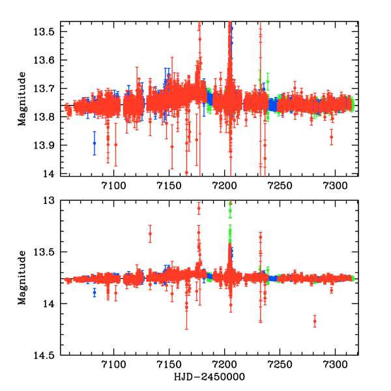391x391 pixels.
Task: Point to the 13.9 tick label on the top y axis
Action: tap(51, 144)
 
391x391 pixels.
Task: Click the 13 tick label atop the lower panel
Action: tap(56, 201)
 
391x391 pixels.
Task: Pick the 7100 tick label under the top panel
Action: tap(114, 186)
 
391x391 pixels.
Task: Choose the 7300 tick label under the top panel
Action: tap(335, 186)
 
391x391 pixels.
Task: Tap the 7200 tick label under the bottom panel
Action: tap(224, 366)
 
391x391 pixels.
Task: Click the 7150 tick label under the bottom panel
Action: tap(169, 366)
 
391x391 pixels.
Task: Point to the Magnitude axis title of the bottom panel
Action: tap(22, 278)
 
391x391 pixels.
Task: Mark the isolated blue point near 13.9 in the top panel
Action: tap(94, 143)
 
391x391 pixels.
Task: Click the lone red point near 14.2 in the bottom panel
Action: tap(315, 321)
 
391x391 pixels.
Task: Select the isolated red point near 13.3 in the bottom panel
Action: tap(150, 234)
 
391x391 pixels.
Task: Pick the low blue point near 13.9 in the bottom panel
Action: tap(94, 293)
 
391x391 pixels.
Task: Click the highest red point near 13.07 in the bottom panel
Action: tap(199, 208)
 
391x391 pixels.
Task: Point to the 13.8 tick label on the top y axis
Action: tap(51, 116)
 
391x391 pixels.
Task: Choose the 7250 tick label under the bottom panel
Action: tap(280, 366)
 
